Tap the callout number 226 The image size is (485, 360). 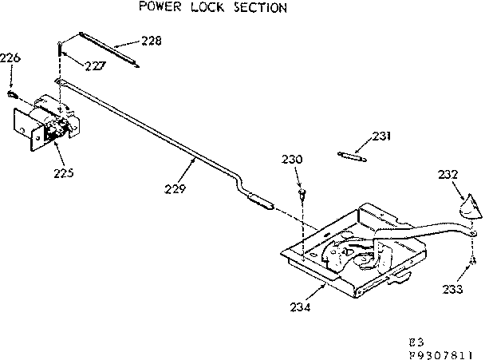(10, 57)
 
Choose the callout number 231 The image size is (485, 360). (382, 137)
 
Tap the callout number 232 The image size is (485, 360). (449, 173)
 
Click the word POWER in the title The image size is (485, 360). (159, 8)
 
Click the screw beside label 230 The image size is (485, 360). (302, 193)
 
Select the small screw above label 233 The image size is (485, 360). (473, 259)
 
